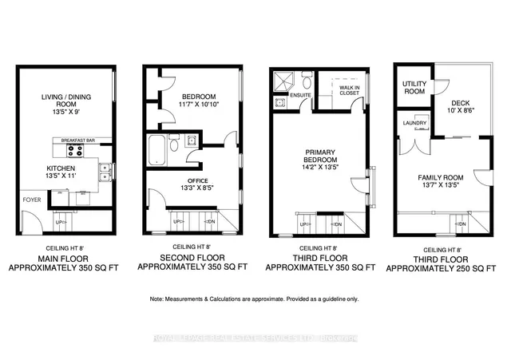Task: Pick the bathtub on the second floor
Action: point(156,149)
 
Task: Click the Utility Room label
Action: point(414,89)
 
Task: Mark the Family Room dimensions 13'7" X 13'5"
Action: point(435,184)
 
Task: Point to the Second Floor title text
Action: point(190,258)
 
